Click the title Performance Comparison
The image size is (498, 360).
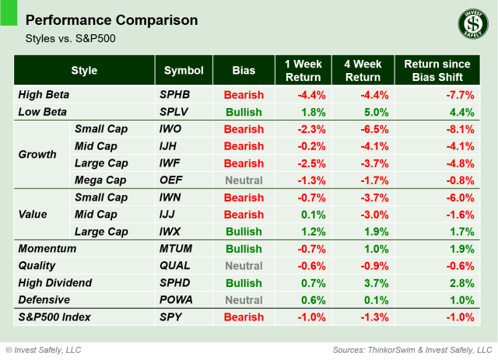pos(111,19)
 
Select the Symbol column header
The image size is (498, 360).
pos(184,71)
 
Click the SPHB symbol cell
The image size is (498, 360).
pos(176,95)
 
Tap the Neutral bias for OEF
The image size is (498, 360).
pos(243,180)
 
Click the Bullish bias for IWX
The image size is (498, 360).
pos(243,231)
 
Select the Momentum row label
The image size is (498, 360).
pos(47,249)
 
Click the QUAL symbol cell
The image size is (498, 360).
pos(175,265)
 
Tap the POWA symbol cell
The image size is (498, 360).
pos(177,299)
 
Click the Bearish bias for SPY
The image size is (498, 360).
pos(243,317)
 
